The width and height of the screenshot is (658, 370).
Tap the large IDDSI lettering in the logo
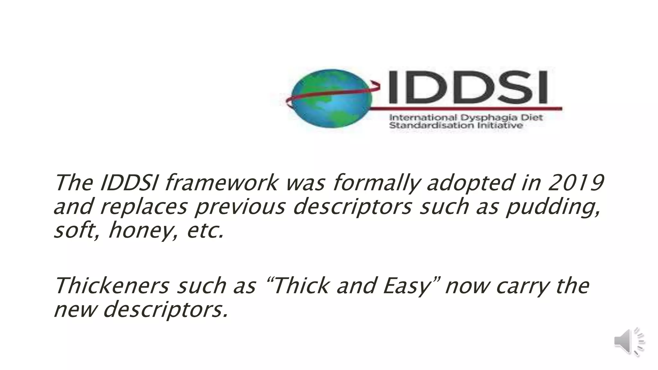467,87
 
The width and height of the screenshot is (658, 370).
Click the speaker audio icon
629,342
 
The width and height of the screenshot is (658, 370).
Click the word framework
222,183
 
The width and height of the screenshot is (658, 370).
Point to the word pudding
552,207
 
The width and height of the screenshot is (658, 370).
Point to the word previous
240,207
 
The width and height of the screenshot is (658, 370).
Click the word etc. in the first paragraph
205,231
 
